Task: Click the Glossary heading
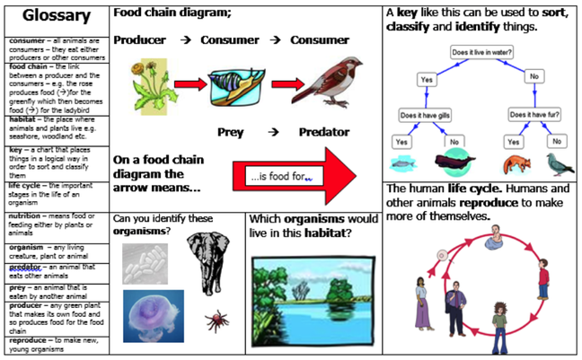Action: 55,17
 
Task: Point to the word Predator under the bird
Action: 324,133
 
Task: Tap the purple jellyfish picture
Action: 152,315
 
